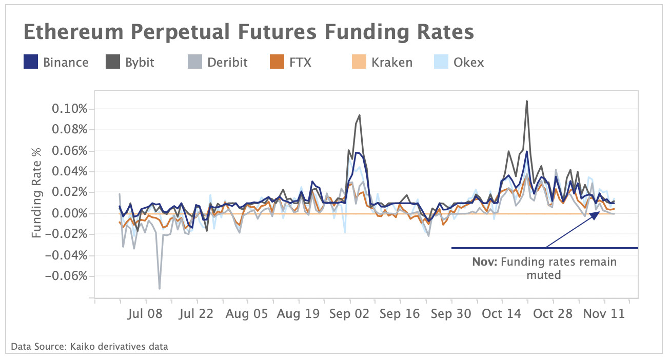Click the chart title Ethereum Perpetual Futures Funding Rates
pyautogui.click(x=248, y=32)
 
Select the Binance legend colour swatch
pyautogui.click(x=31, y=63)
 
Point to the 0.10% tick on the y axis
pyautogui.click(x=69, y=109)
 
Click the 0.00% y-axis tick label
pyautogui.click(x=69, y=213)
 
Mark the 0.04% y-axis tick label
pyautogui.click(x=69, y=171)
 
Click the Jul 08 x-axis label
pyautogui.click(x=144, y=314)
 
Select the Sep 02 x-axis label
pyautogui.click(x=350, y=314)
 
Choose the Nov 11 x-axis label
pyautogui.click(x=605, y=314)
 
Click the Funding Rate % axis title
pyautogui.click(x=36, y=192)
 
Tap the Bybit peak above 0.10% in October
pyautogui.click(x=526, y=101)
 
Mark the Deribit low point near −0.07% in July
pyautogui.click(x=160, y=288)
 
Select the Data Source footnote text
pyautogui.click(x=89, y=346)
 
